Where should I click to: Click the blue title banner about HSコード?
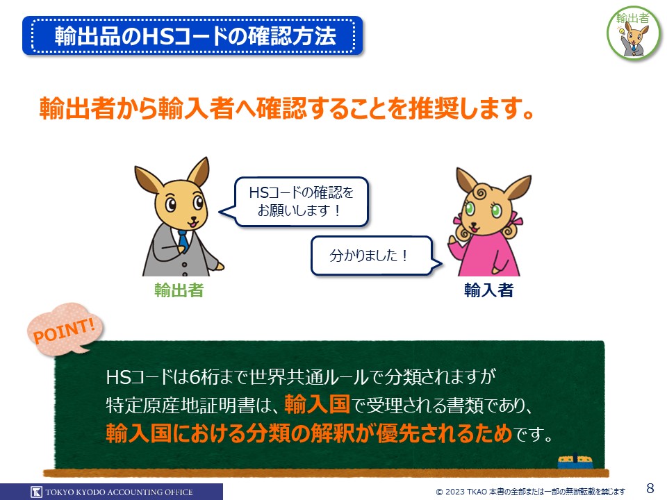192,35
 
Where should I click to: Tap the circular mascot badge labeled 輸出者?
634,33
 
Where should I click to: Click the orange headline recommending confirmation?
287,108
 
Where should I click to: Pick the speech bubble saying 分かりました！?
372,256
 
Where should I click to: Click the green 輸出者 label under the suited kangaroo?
179,290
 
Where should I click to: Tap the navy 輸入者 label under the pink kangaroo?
488,290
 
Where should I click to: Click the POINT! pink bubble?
65,329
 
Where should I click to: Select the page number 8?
650,487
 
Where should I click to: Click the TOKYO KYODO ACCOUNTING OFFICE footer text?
119,492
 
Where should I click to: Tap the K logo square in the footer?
37,492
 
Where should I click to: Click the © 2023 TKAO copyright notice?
530,492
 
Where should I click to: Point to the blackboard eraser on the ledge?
575,462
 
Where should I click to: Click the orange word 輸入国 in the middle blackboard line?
317,404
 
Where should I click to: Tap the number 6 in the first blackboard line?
195,377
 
